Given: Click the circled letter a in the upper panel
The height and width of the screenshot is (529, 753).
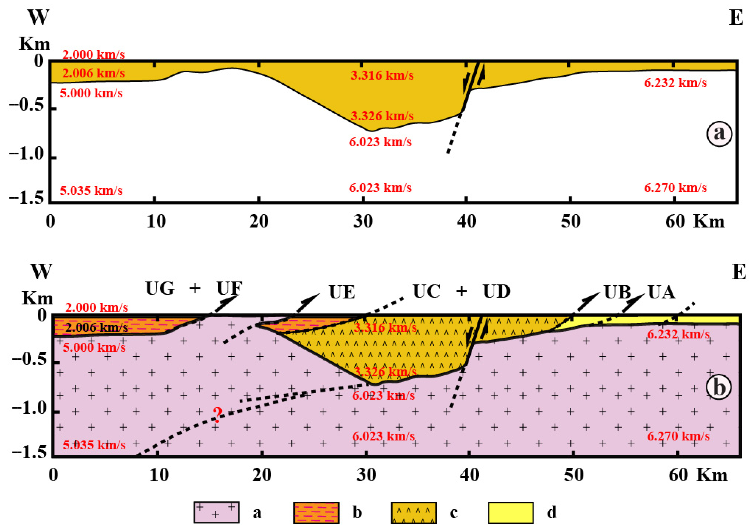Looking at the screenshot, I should point(719,133).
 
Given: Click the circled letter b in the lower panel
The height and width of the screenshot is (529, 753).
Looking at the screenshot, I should point(718,387).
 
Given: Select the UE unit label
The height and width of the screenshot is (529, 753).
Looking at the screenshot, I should point(342,292).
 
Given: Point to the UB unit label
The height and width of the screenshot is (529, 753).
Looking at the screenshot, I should point(617,292).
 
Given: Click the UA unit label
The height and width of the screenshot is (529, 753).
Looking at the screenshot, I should point(661,292).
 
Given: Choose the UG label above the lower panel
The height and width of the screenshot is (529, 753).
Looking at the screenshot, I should point(160,289).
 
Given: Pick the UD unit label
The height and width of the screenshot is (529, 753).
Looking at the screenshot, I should point(496,291).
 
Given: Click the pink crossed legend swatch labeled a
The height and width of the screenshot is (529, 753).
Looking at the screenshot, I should point(216,512).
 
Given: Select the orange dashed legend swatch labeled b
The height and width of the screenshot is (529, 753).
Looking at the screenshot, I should point(316,512).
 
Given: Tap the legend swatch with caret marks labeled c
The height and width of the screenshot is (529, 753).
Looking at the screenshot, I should point(413,512).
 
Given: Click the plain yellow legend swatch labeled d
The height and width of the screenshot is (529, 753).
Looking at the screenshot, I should point(511,512).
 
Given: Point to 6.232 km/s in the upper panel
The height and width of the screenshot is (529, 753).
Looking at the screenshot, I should point(675,83).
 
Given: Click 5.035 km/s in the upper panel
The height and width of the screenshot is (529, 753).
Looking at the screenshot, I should point(91,190).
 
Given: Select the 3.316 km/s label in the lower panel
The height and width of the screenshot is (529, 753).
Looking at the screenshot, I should point(385,327).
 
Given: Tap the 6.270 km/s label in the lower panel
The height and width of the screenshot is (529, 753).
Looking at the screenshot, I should point(678,436).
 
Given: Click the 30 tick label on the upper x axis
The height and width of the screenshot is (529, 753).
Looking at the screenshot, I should point(363,221).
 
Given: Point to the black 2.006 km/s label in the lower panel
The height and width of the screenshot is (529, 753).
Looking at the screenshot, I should point(97,327).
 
